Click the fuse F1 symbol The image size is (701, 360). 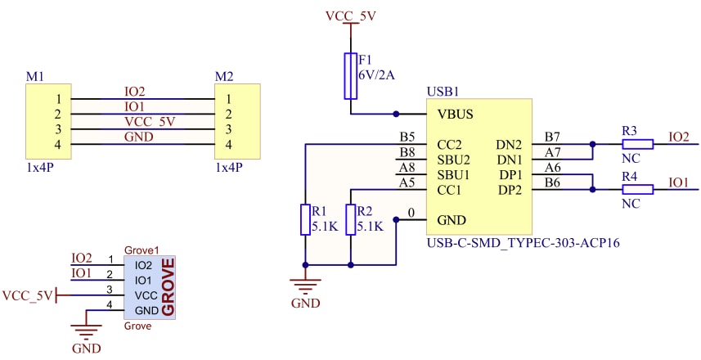click(x=352, y=76)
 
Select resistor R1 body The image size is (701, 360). click(x=305, y=219)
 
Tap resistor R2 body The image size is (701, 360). click(x=351, y=219)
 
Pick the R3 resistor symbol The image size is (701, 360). click(x=637, y=144)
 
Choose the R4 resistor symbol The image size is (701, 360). click(x=637, y=190)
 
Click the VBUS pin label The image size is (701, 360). click(x=455, y=115)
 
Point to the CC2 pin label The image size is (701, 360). click(x=451, y=144)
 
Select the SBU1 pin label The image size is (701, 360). click(x=454, y=175)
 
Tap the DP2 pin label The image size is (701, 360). click(x=510, y=190)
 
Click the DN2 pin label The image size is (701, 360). click(x=510, y=144)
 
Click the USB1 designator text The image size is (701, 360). click(x=443, y=92)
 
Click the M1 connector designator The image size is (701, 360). click(x=34, y=77)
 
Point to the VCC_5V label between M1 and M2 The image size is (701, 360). click(x=149, y=121)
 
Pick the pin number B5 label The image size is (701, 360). click(x=407, y=137)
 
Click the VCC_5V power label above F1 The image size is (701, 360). click(x=351, y=16)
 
